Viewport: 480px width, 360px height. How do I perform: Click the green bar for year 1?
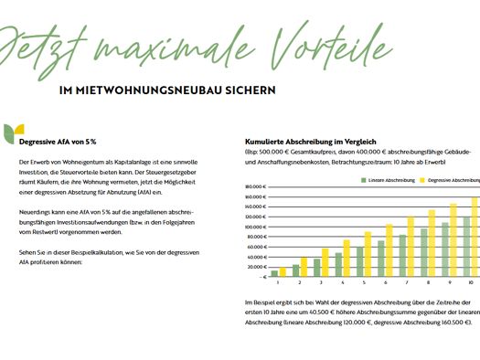[274, 272]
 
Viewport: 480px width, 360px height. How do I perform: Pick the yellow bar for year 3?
[325, 262]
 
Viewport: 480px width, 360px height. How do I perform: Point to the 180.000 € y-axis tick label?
[255, 186]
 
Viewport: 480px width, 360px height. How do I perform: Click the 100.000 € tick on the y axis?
[255, 227]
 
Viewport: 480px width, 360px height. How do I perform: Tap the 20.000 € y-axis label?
[256, 266]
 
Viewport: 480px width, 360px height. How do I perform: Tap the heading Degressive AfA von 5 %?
[58, 142]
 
